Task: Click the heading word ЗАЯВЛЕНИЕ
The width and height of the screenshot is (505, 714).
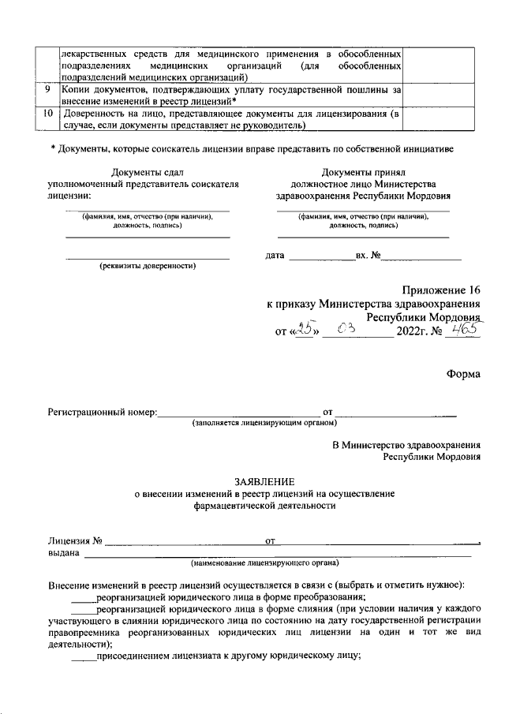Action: coord(264,481)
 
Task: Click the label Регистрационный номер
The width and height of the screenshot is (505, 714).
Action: coord(102,412)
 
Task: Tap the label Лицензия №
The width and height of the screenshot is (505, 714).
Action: coord(75,541)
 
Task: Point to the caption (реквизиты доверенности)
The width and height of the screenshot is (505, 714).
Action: coord(147,266)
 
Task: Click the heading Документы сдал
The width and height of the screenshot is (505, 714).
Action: coord(147,172)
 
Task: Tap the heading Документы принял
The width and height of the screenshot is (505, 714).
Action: coord(363,172)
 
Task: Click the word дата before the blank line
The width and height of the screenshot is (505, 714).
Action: coord(275,256)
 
